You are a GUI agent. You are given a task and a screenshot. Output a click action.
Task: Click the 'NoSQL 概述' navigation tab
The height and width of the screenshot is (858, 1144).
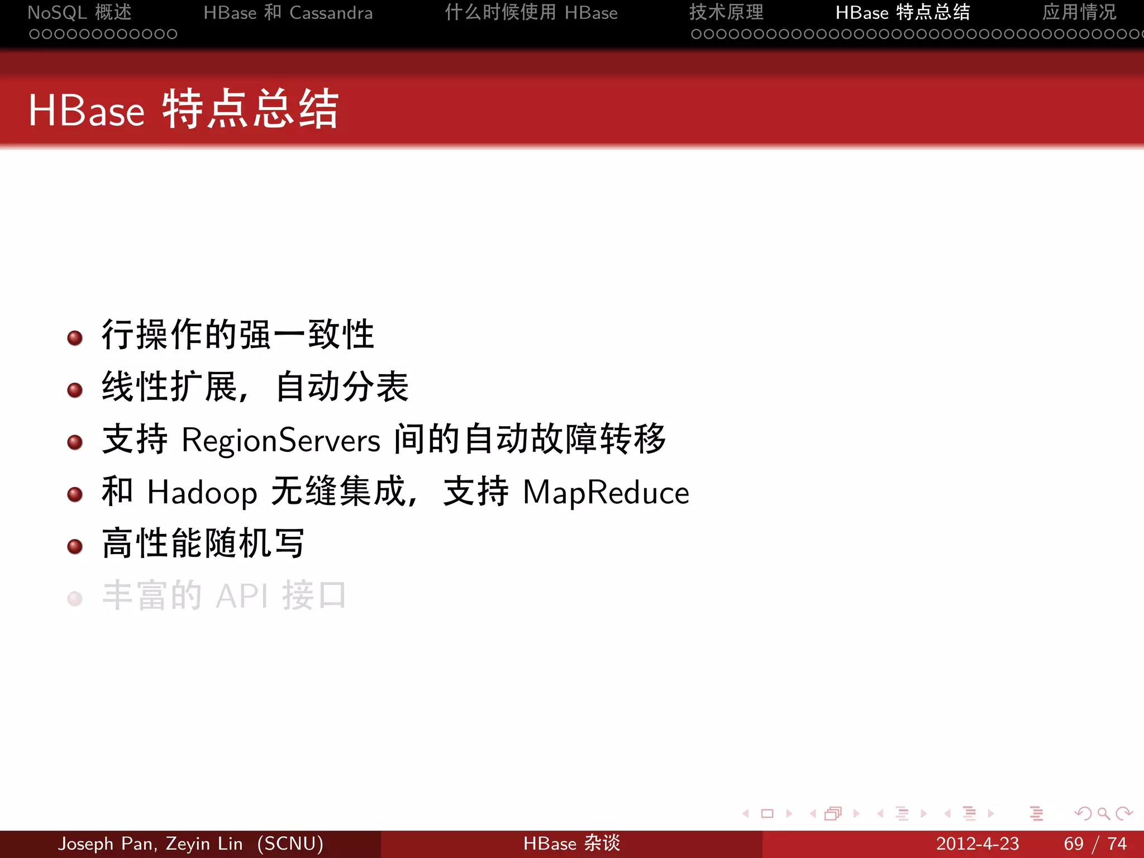coord(79,12)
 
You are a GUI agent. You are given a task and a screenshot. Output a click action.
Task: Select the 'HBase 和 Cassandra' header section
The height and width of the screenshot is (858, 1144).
coord(288,12)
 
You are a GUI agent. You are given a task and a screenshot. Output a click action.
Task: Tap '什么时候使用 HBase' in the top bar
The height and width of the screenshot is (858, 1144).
coord(531,12)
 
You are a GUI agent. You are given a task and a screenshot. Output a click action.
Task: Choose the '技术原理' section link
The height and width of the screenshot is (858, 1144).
coord(726,12)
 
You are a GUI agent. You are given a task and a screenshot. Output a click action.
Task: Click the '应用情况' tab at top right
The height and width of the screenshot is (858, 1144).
coord(1079,12)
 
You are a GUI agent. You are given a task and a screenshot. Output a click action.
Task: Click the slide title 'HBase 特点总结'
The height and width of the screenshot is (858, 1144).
coord(183,109)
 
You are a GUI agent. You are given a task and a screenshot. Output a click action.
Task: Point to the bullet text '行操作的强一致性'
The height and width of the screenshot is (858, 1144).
coord(237,335)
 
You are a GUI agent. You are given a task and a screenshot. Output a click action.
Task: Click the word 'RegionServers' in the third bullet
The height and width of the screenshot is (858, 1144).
coord(281,440)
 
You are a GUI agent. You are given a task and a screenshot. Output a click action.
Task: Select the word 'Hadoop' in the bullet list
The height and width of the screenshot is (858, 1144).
coord(202,493)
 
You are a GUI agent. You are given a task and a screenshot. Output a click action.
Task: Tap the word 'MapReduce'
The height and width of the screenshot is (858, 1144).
coord(606,493)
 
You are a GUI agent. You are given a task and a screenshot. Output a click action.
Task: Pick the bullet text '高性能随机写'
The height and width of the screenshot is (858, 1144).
coord(203,544)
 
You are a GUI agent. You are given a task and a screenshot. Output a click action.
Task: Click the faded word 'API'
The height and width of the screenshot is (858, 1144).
coord(241,596)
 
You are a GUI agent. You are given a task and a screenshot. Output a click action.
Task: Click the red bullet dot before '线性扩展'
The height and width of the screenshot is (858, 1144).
coord(75,390)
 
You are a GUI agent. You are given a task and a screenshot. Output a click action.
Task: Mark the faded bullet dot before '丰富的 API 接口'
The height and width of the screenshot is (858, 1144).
coord(75,599)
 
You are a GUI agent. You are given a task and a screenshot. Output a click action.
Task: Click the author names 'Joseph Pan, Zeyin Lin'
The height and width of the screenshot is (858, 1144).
coord(150,843)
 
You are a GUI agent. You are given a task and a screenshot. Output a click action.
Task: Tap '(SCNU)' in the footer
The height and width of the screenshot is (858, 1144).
coord(290,843)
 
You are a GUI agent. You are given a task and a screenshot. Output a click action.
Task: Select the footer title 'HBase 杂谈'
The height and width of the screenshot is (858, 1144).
coord(571,843)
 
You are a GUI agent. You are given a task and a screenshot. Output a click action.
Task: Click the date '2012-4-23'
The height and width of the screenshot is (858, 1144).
coord(977,843)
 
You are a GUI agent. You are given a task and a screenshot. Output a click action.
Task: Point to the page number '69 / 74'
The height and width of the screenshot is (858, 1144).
coord(1095,843)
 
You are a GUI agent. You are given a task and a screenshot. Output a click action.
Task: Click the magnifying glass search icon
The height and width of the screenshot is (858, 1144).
coord(1103,814)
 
